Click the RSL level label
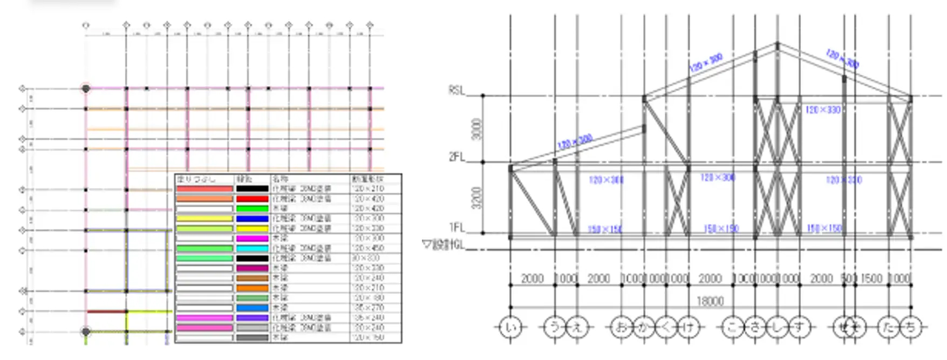tap(456, 91)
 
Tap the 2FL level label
tap(456, 157)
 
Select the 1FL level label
tap(456, 227)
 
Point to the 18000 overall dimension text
tap(710, 301)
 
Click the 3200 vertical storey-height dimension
tap(476, 198)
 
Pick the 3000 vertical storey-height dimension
tap(476, 128)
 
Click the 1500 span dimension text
tap(871, 279)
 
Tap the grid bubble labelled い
tap(510, 327)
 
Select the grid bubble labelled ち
tap(911, 327)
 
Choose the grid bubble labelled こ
tap(733, 327)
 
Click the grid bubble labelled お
tap(622, 327)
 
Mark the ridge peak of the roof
tap(777, 44)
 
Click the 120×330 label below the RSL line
tap(822, 110)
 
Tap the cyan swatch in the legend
tap(252, 248)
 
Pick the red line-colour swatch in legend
tap(252, 199)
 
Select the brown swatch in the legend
tap(252, 278)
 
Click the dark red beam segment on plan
tap(106, 311)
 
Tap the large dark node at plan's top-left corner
tap(86, 88)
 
